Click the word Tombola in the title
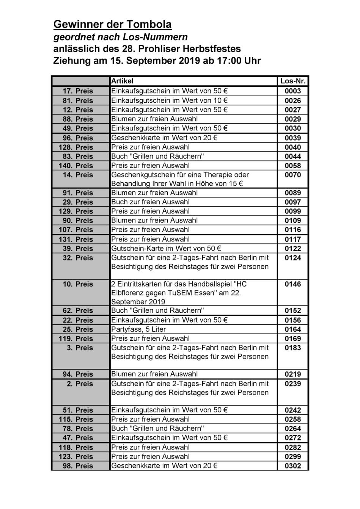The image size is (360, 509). tap(149, 25)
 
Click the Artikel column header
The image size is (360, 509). tap(122, 81)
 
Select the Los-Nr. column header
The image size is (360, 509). tap(293, 81)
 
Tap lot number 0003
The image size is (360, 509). tap(293, 91)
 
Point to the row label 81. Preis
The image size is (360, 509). tap(78, 100)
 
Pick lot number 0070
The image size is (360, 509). tap(293, 175)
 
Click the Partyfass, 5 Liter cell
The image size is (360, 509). tap(138, 329)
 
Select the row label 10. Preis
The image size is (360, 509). tap(78, 284)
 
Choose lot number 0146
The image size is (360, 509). tap(293, 284)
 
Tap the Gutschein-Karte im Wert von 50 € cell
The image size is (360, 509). tap(166, 249)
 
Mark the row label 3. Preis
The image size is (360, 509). tap(80, 348)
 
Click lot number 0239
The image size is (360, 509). tap(293, 384)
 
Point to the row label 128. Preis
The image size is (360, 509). tap(76, 147)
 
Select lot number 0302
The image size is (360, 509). tap(293, 466)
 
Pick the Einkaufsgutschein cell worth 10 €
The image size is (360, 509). tap(169, 100)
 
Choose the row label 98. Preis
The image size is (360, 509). tap(78, 466)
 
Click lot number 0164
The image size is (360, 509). tap(293, 329)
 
